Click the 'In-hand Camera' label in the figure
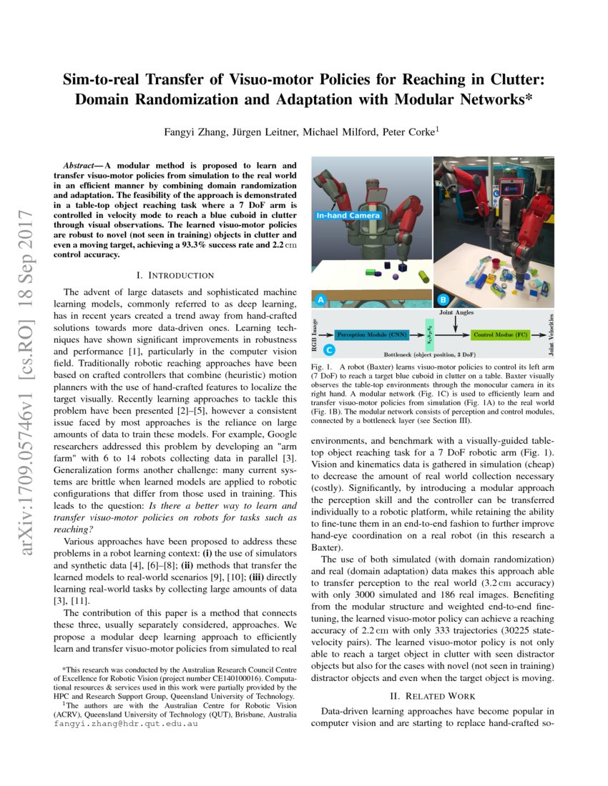pyautogui.click(x=349, y=214)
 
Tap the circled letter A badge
pyautogui.click(x=321, y=301)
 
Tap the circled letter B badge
pyautogui.click(x=443, y=301)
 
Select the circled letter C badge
pyautogui.click(x=328, y=350)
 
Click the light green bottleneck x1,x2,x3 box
pyautogui.click(x=427, y=334)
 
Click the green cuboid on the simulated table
pyautogui.click(x=370, y=272)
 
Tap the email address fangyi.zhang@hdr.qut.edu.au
pyautogui.click(x=126, y=722)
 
